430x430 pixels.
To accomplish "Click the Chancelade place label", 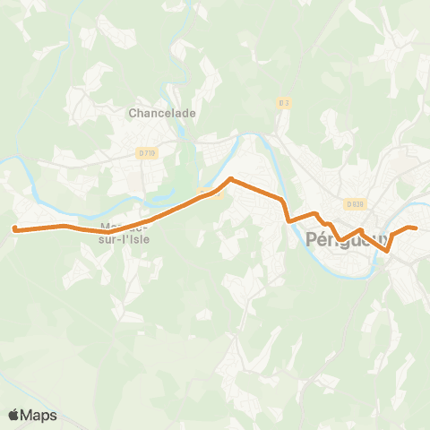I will point(161,113).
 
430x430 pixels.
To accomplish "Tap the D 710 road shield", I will point(147,153).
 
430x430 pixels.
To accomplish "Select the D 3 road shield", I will point(284,103).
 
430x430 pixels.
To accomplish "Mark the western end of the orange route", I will point(14,229).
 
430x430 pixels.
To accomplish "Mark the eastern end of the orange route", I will point(417,228).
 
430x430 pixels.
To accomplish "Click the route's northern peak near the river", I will point(231,178).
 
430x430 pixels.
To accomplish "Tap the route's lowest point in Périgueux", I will point(387,252).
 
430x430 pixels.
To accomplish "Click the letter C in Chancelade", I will point(133,113).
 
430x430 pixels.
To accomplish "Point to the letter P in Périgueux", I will point(311,239).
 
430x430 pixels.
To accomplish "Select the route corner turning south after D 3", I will point(282,200).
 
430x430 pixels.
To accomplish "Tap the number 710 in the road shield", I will point(150,153).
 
